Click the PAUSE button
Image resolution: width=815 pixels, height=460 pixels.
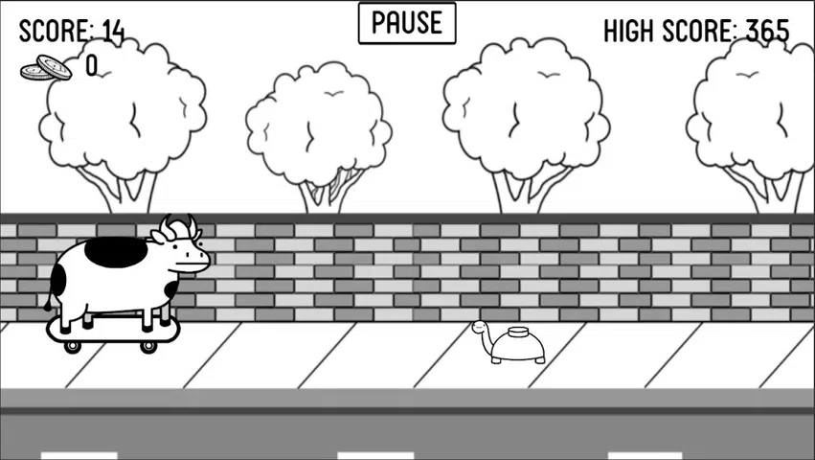[x=407, y=23]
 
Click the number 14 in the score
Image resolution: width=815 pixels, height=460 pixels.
[x=113, y=31]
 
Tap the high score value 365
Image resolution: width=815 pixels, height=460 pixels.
[x=767, y=31]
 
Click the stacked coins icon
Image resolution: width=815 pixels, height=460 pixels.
[x=47, y=68]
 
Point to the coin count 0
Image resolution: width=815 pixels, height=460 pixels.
[x=91, y=66]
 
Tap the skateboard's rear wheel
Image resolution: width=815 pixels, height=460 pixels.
[x=72, y=346]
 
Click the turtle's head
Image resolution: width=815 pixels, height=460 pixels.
[x=480, y=328]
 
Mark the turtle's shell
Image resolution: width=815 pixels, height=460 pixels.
[x=518, y=346]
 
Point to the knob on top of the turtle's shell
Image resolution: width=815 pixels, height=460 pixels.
[x=519, y=333]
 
